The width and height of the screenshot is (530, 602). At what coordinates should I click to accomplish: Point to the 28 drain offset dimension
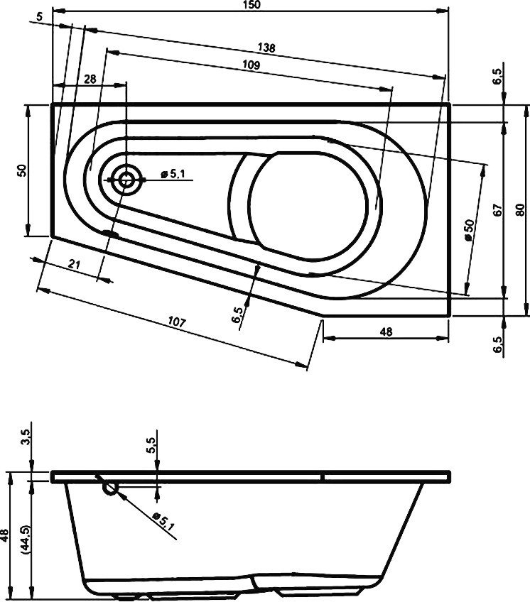(90, 80)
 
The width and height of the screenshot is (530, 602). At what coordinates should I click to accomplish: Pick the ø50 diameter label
(469, 231)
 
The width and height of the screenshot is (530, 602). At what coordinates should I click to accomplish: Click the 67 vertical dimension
(498, 209)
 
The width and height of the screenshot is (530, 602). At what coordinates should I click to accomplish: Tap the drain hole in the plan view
(126, 180)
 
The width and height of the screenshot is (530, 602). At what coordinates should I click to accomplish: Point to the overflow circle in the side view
(110, 488)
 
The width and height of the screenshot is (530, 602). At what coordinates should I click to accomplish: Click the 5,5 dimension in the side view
(152, 448)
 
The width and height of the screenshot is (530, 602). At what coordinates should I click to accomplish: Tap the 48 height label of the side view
(6, 534)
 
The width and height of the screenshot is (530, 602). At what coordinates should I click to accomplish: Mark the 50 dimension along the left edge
(21, 170)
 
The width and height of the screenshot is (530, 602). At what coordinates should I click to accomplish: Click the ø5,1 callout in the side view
(161, 522)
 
